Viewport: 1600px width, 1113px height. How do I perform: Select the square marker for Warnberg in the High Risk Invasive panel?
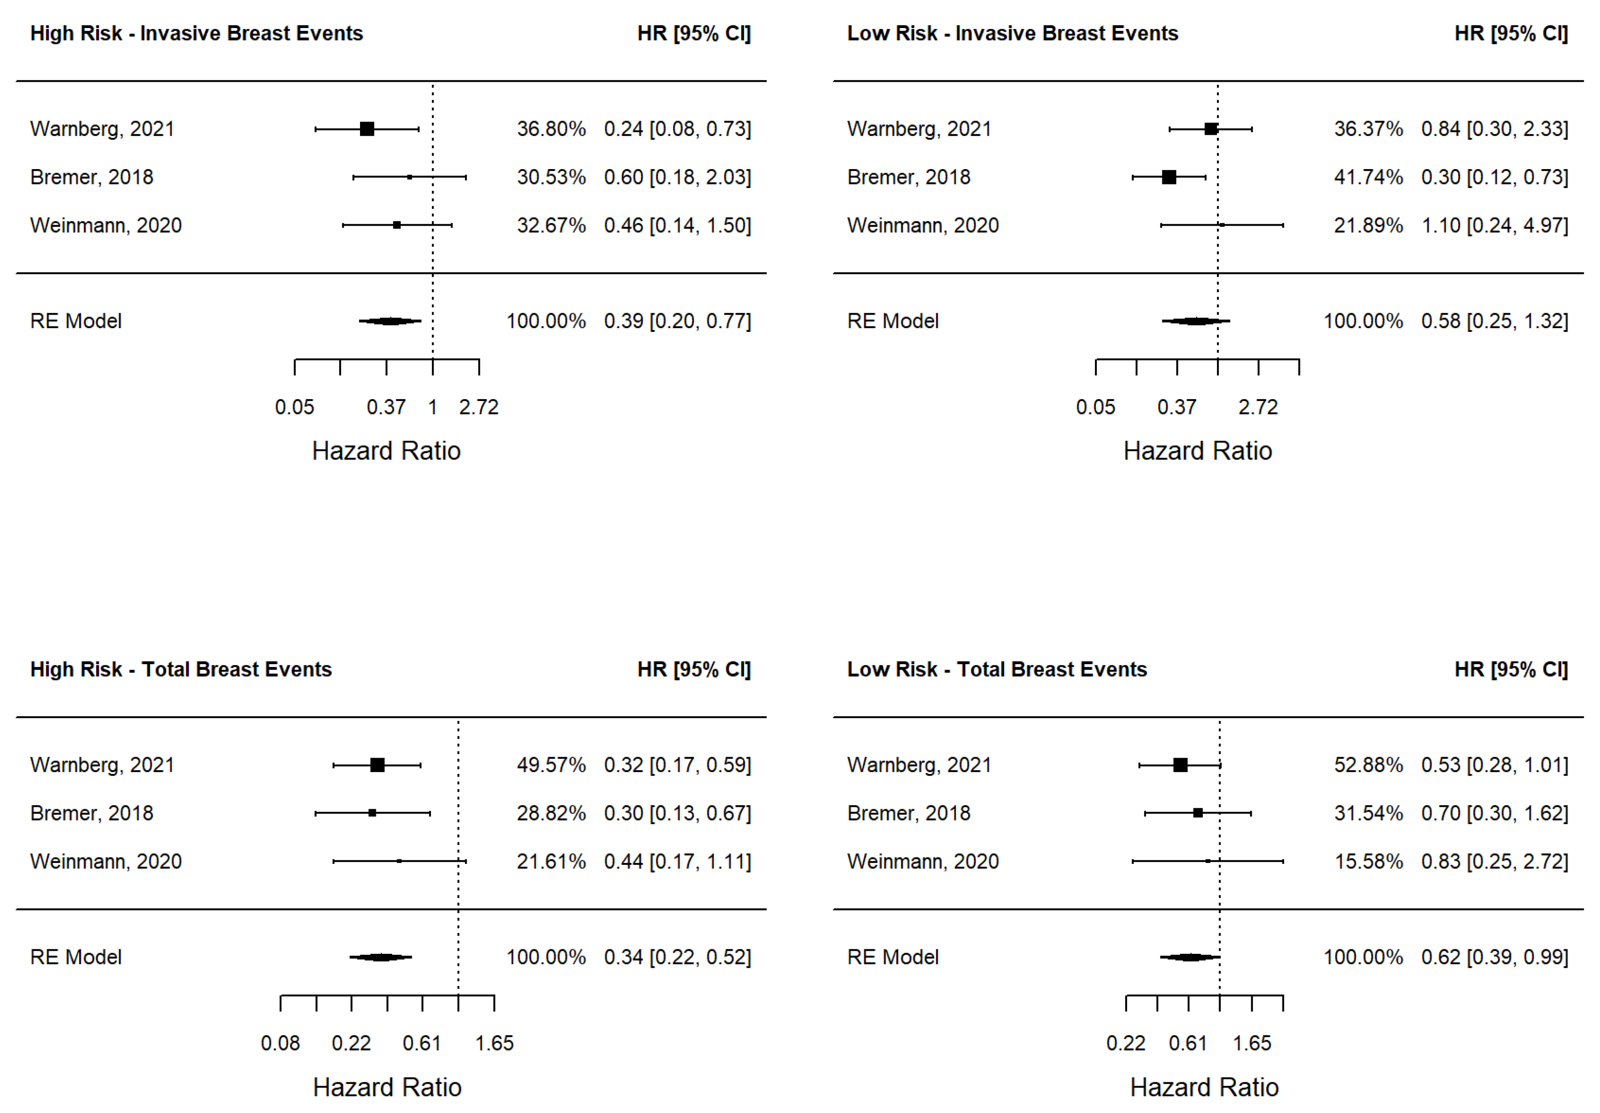(x=367, y=129)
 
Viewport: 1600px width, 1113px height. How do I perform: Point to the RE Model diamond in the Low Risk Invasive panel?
(x=1196, y=321)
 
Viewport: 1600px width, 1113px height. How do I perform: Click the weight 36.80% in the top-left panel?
(x=551, y=129)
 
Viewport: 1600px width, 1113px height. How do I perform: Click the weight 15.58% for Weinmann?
(x=1368, y=862)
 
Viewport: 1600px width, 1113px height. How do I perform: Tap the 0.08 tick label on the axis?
(x=280, y=1043)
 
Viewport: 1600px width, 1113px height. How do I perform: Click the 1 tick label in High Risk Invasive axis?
(x=433, y=407)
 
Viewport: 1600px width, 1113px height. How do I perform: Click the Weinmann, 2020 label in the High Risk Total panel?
(x=106, y=862)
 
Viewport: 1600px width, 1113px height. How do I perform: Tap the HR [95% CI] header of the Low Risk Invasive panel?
(x=1511, y=33)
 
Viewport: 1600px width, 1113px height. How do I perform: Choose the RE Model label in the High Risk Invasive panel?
(x=76, y=321)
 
